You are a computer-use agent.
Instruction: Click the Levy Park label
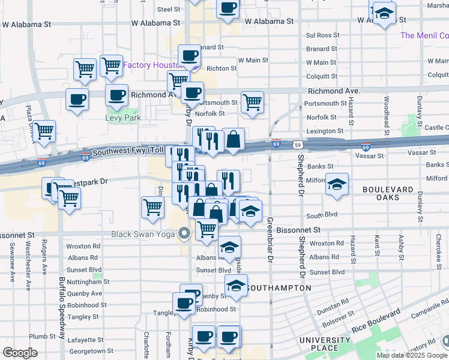tap(123, 118)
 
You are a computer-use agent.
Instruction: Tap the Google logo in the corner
tap(20, 353)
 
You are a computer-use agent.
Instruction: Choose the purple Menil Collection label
tap(424, 35)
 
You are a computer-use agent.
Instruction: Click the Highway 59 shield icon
tap(298, 144)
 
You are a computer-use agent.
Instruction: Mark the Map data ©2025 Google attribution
tap(412, 355)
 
